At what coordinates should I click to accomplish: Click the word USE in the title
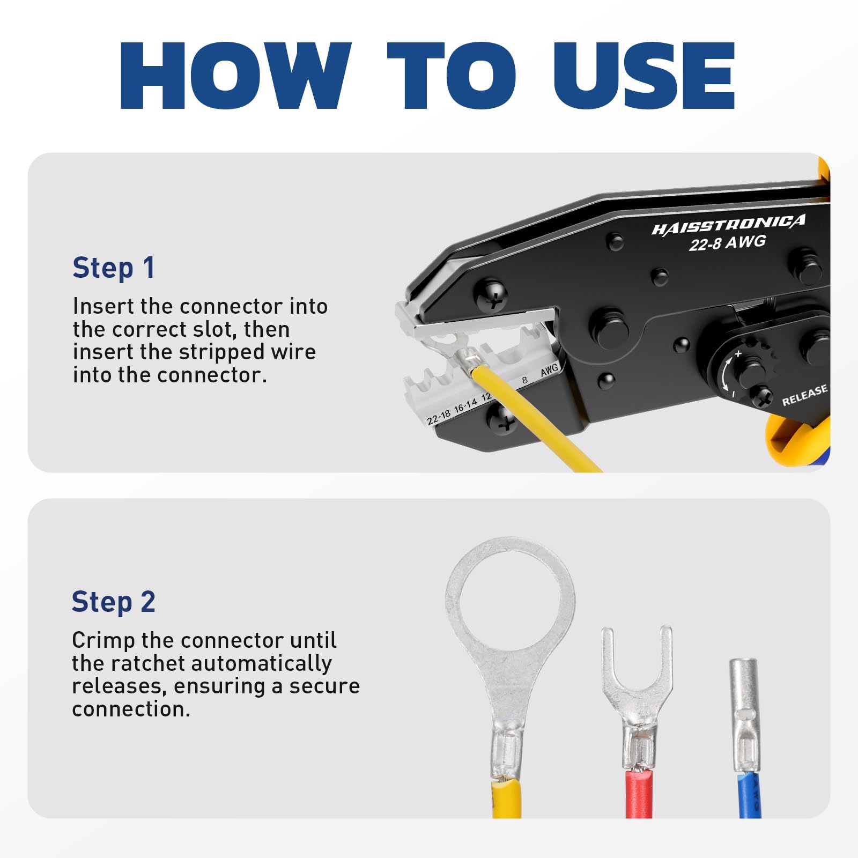coord(643,76)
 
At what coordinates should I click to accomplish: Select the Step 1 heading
coord(114,268)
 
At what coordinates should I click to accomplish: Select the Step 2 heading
coord(114,602)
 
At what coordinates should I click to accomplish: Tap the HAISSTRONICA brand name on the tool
coord(728,225)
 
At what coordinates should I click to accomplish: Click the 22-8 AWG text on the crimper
coord(727,243)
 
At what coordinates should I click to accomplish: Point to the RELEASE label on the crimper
coord(804,395)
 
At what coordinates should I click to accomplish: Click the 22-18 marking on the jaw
coord(439,417)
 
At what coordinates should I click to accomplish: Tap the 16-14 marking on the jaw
coord(465,406)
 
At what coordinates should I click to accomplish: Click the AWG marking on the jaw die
coord(549,370)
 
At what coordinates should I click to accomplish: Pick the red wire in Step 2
coord(639,794)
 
